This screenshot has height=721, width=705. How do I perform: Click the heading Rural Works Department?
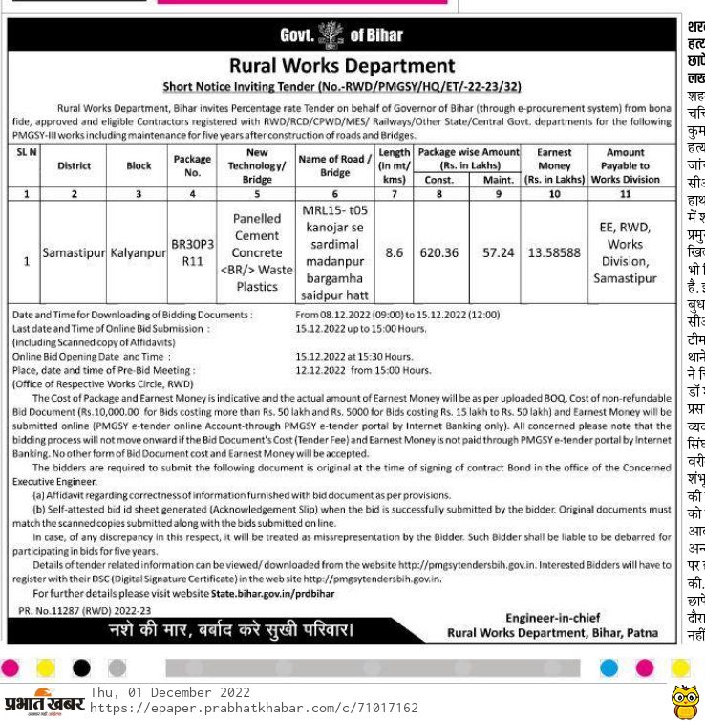pyautogui.click(x=342, y=66)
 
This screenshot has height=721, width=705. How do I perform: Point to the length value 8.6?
pyautogui.click(x=394, y=252)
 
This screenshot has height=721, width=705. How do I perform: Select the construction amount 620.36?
pyautogui.click(x=439, y=252)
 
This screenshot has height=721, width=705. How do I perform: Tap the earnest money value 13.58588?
pyautogui.click(x=554, y=252)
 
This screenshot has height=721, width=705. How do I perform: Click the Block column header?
pyautogui.click(x=139, y=165)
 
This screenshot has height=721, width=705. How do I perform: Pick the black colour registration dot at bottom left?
pyautogui.click(x=81, y=666)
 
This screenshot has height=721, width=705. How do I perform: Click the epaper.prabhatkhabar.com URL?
pyautogui.click(x=253, y=709)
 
